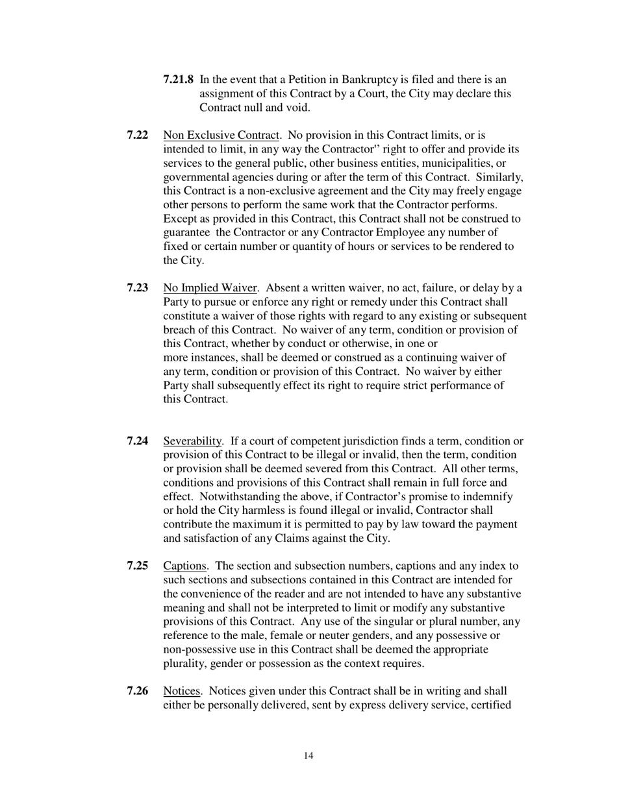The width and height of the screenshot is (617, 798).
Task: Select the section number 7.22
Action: click(x=137, y=135)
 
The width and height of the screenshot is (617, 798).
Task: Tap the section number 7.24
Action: click(x=137, y=441)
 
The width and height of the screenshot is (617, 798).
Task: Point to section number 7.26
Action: click(x=137, y=691)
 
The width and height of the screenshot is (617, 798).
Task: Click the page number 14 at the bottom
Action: click(x=308, y=755)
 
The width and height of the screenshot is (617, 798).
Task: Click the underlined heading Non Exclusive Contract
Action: click(x=221, y=135)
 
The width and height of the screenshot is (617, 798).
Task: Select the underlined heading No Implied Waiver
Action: click(x=210, y=288)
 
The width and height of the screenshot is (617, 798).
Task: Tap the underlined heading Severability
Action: click(x=192, y=441)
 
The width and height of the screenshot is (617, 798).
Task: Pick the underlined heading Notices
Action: click(x=182, y=691)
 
